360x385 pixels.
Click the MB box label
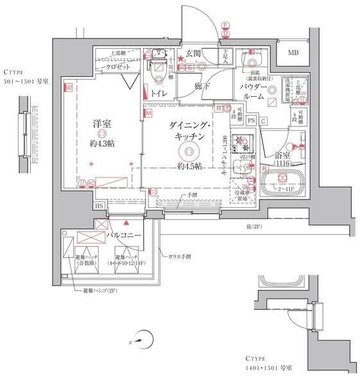[x=292, y=53]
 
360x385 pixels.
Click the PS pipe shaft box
[x=252, y=120]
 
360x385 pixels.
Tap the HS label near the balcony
[x=99, y=205]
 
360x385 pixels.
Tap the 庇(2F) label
[x=254, y=227]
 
